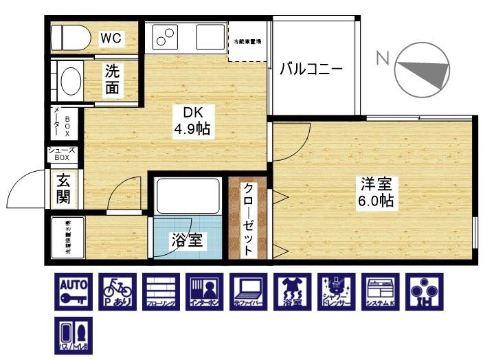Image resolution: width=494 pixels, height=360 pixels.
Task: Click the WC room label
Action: tap(111, 38)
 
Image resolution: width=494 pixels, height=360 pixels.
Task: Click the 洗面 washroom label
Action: tap(115, 80)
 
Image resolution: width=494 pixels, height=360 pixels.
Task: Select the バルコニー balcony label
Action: tap(311, 69)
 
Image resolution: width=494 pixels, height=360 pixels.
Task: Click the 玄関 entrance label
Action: tap(63, 190)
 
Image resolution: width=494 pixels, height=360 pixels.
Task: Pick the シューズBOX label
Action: tap(63, 154)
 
